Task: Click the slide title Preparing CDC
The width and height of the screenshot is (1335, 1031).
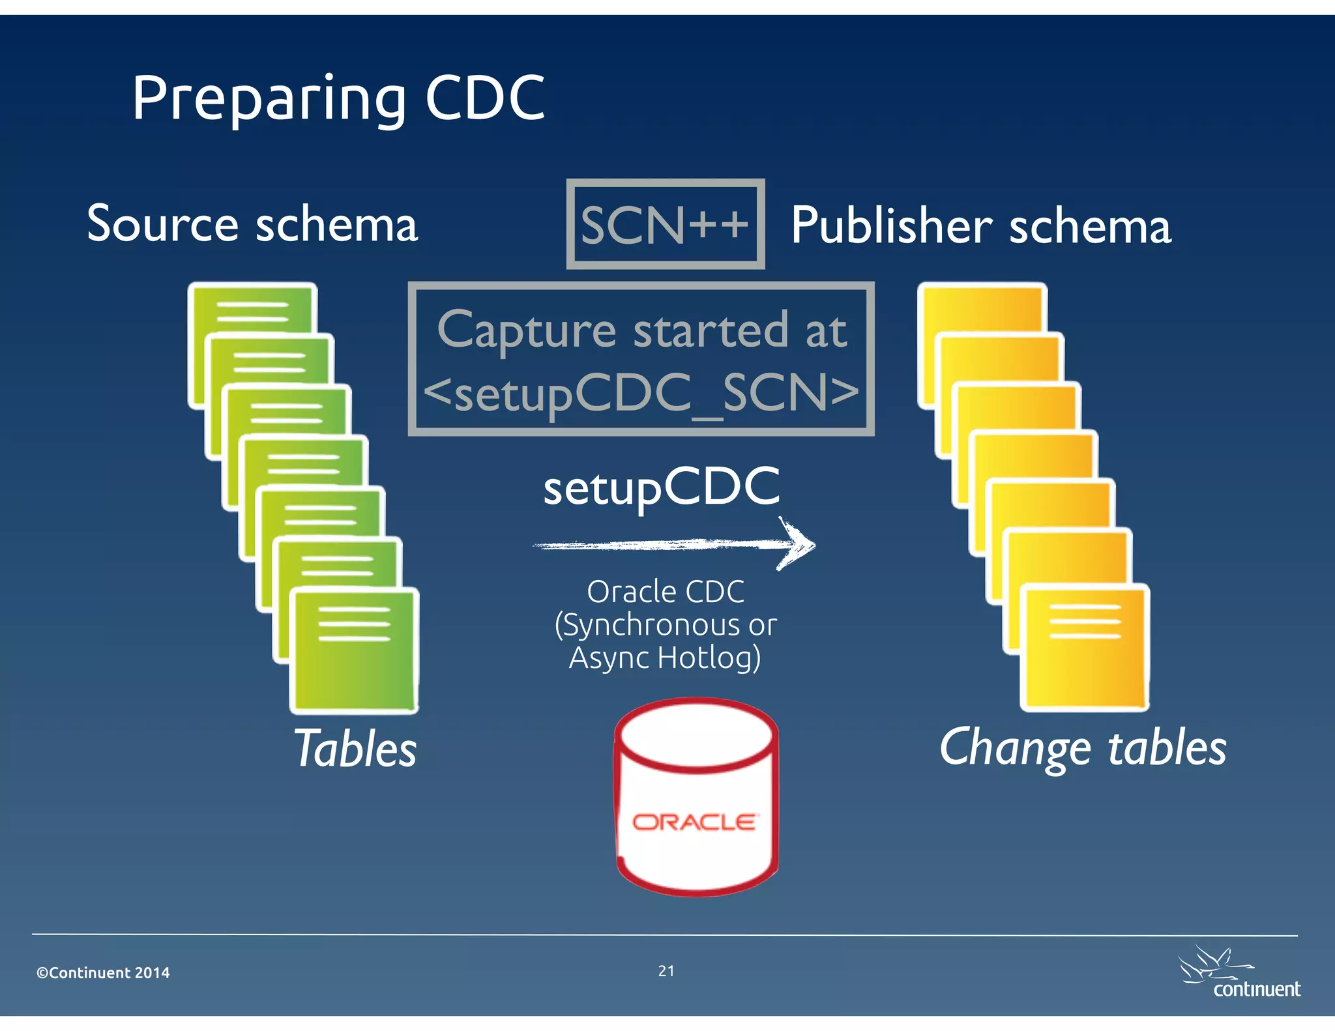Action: (338, 99)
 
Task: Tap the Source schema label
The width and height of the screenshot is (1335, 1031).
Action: (252, 224)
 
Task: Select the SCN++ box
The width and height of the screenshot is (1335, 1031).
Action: (665, 224)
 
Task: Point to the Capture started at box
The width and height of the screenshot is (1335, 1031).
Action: (641, 359)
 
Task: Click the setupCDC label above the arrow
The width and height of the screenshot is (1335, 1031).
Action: (661, 487)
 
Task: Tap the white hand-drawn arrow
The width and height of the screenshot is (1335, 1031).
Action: (675, 544)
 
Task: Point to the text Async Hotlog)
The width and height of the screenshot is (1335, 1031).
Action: (665, 658)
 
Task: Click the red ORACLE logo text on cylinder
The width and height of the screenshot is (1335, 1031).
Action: (695, 822)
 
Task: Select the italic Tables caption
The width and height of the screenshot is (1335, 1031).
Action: (355, 749)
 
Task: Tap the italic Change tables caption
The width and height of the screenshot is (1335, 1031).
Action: (1082, 748)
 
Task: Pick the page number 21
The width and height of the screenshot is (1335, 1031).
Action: (666, 971)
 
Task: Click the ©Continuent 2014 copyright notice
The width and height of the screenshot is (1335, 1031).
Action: (103, 973)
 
